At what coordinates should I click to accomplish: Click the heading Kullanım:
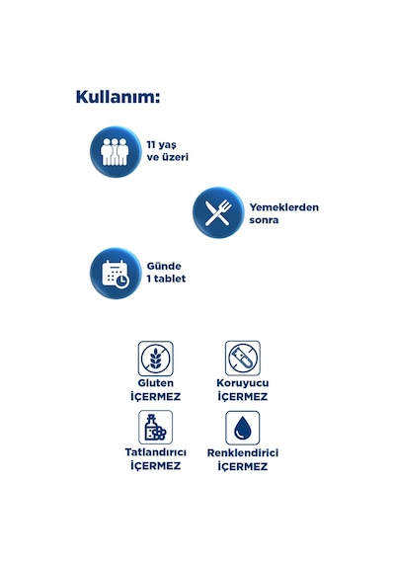118,97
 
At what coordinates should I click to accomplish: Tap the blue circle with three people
116,152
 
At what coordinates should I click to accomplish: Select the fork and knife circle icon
218,212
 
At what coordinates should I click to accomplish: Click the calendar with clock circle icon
116,274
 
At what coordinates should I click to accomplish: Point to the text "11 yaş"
162,145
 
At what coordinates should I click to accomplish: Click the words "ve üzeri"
167,157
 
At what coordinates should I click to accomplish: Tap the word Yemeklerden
284,207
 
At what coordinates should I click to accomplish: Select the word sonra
264,219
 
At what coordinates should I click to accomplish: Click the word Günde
164,266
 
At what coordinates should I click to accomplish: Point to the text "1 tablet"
166,279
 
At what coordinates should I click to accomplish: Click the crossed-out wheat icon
155,359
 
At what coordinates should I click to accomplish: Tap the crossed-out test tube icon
243,359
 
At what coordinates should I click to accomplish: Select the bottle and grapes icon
155,428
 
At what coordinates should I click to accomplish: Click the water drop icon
242,428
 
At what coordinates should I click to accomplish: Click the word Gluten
155,383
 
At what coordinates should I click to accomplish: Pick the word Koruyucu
243,383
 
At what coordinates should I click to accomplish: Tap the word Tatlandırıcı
155,452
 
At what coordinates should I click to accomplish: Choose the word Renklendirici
243,452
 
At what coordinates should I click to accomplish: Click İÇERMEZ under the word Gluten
155,396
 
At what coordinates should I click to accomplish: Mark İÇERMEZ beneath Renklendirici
243,466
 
